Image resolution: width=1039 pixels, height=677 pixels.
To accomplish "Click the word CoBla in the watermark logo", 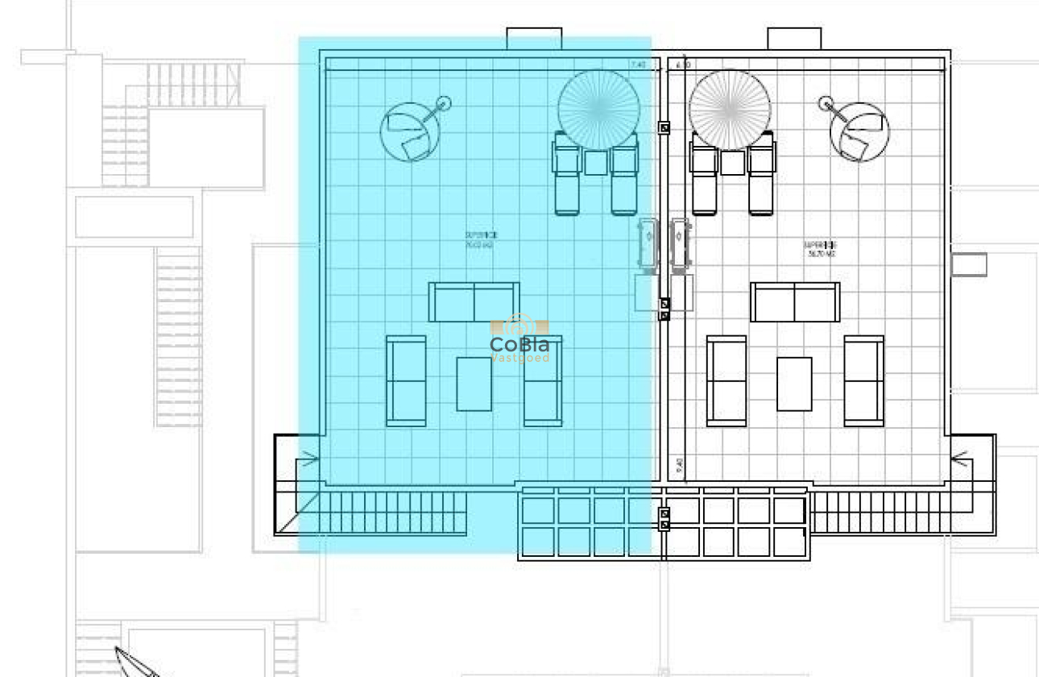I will click(519, 345).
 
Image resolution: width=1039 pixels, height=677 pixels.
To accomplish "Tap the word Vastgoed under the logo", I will click(520, 358).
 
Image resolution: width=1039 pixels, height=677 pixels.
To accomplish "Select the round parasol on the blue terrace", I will click(598, 110).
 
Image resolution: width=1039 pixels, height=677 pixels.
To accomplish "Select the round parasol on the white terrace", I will click(730, 110).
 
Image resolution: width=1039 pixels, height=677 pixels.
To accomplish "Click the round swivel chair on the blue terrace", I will click(411, 132).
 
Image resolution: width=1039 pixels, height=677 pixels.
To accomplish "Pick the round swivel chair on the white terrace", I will click(859, 132).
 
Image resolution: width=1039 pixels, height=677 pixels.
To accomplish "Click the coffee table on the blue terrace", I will click(474, 384).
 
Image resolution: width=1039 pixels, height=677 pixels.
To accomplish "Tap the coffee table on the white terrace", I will click(794, 384).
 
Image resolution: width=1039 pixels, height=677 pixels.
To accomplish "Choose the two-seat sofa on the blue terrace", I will click(474, 302).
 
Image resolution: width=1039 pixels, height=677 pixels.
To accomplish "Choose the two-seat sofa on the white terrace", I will click(795, 302).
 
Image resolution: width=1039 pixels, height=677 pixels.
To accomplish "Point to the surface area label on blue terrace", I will click(480, 239).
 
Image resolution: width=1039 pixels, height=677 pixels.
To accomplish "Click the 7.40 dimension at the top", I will click(638, 64).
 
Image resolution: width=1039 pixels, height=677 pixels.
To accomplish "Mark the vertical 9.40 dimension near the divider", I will click(679, 465).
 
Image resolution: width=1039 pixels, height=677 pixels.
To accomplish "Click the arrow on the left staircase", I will click(308, 461).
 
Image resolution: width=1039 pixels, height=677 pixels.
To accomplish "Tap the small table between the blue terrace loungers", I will click(596, 163).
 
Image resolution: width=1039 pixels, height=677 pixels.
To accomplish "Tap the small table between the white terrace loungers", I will click(732, 163).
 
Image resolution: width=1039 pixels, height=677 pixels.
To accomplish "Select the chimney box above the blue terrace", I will click(533, 38).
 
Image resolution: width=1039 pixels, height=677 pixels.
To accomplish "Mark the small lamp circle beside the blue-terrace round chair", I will click(442, 104).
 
